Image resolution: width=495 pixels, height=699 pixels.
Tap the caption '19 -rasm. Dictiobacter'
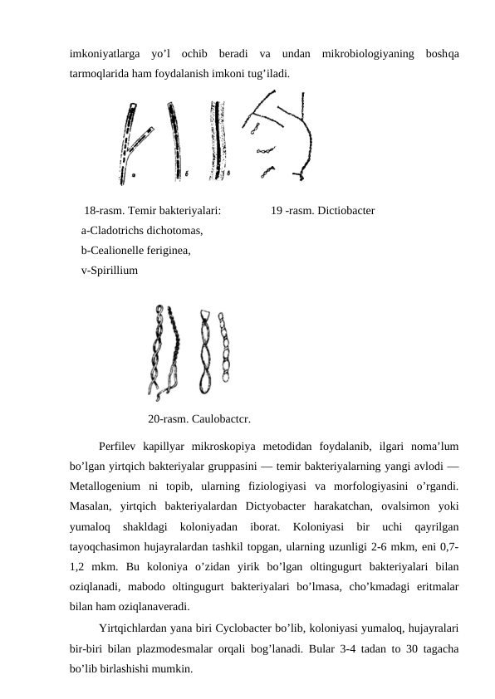pos(322,210)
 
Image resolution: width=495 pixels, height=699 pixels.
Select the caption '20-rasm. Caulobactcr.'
pos(199,418)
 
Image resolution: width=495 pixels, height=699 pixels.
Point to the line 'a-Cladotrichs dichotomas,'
pos(142,230)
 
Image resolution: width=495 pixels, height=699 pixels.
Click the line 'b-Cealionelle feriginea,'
pos(135,250)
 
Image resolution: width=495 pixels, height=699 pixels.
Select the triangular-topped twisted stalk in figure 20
pos(205,349)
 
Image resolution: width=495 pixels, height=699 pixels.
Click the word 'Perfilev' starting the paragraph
pos(120,446)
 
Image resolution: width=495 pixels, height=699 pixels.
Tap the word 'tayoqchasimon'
pos(105,545)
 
